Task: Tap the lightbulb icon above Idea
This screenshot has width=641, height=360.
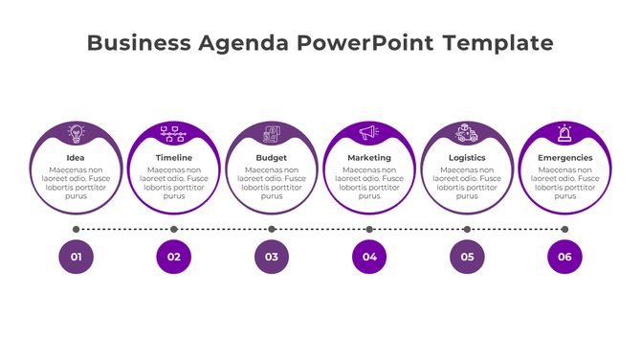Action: point(76,132)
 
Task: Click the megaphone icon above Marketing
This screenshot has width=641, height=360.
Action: point(369,132)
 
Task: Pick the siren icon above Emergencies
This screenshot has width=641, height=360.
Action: point(564,132)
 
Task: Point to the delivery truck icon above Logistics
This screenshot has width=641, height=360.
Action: point(467,132)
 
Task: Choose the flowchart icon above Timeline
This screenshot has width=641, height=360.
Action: point(174,132)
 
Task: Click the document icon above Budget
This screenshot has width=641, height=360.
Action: point(272,132)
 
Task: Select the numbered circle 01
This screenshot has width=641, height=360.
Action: point(76,257)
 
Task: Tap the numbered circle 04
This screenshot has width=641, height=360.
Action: point(369,257)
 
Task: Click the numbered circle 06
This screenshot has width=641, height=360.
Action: point(564,257)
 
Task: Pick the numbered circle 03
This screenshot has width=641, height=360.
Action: point(272,257)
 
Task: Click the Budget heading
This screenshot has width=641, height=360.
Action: point(272,158)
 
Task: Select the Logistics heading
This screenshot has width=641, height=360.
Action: point(467,158)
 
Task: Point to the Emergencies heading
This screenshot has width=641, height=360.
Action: point(564,158)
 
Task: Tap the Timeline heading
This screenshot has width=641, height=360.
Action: point(174,158)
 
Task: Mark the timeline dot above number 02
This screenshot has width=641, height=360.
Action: point(174,230)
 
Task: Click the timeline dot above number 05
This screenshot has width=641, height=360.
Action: point(467,230)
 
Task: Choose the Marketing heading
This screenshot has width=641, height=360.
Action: point(369,158)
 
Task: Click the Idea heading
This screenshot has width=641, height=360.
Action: point(76,158)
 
